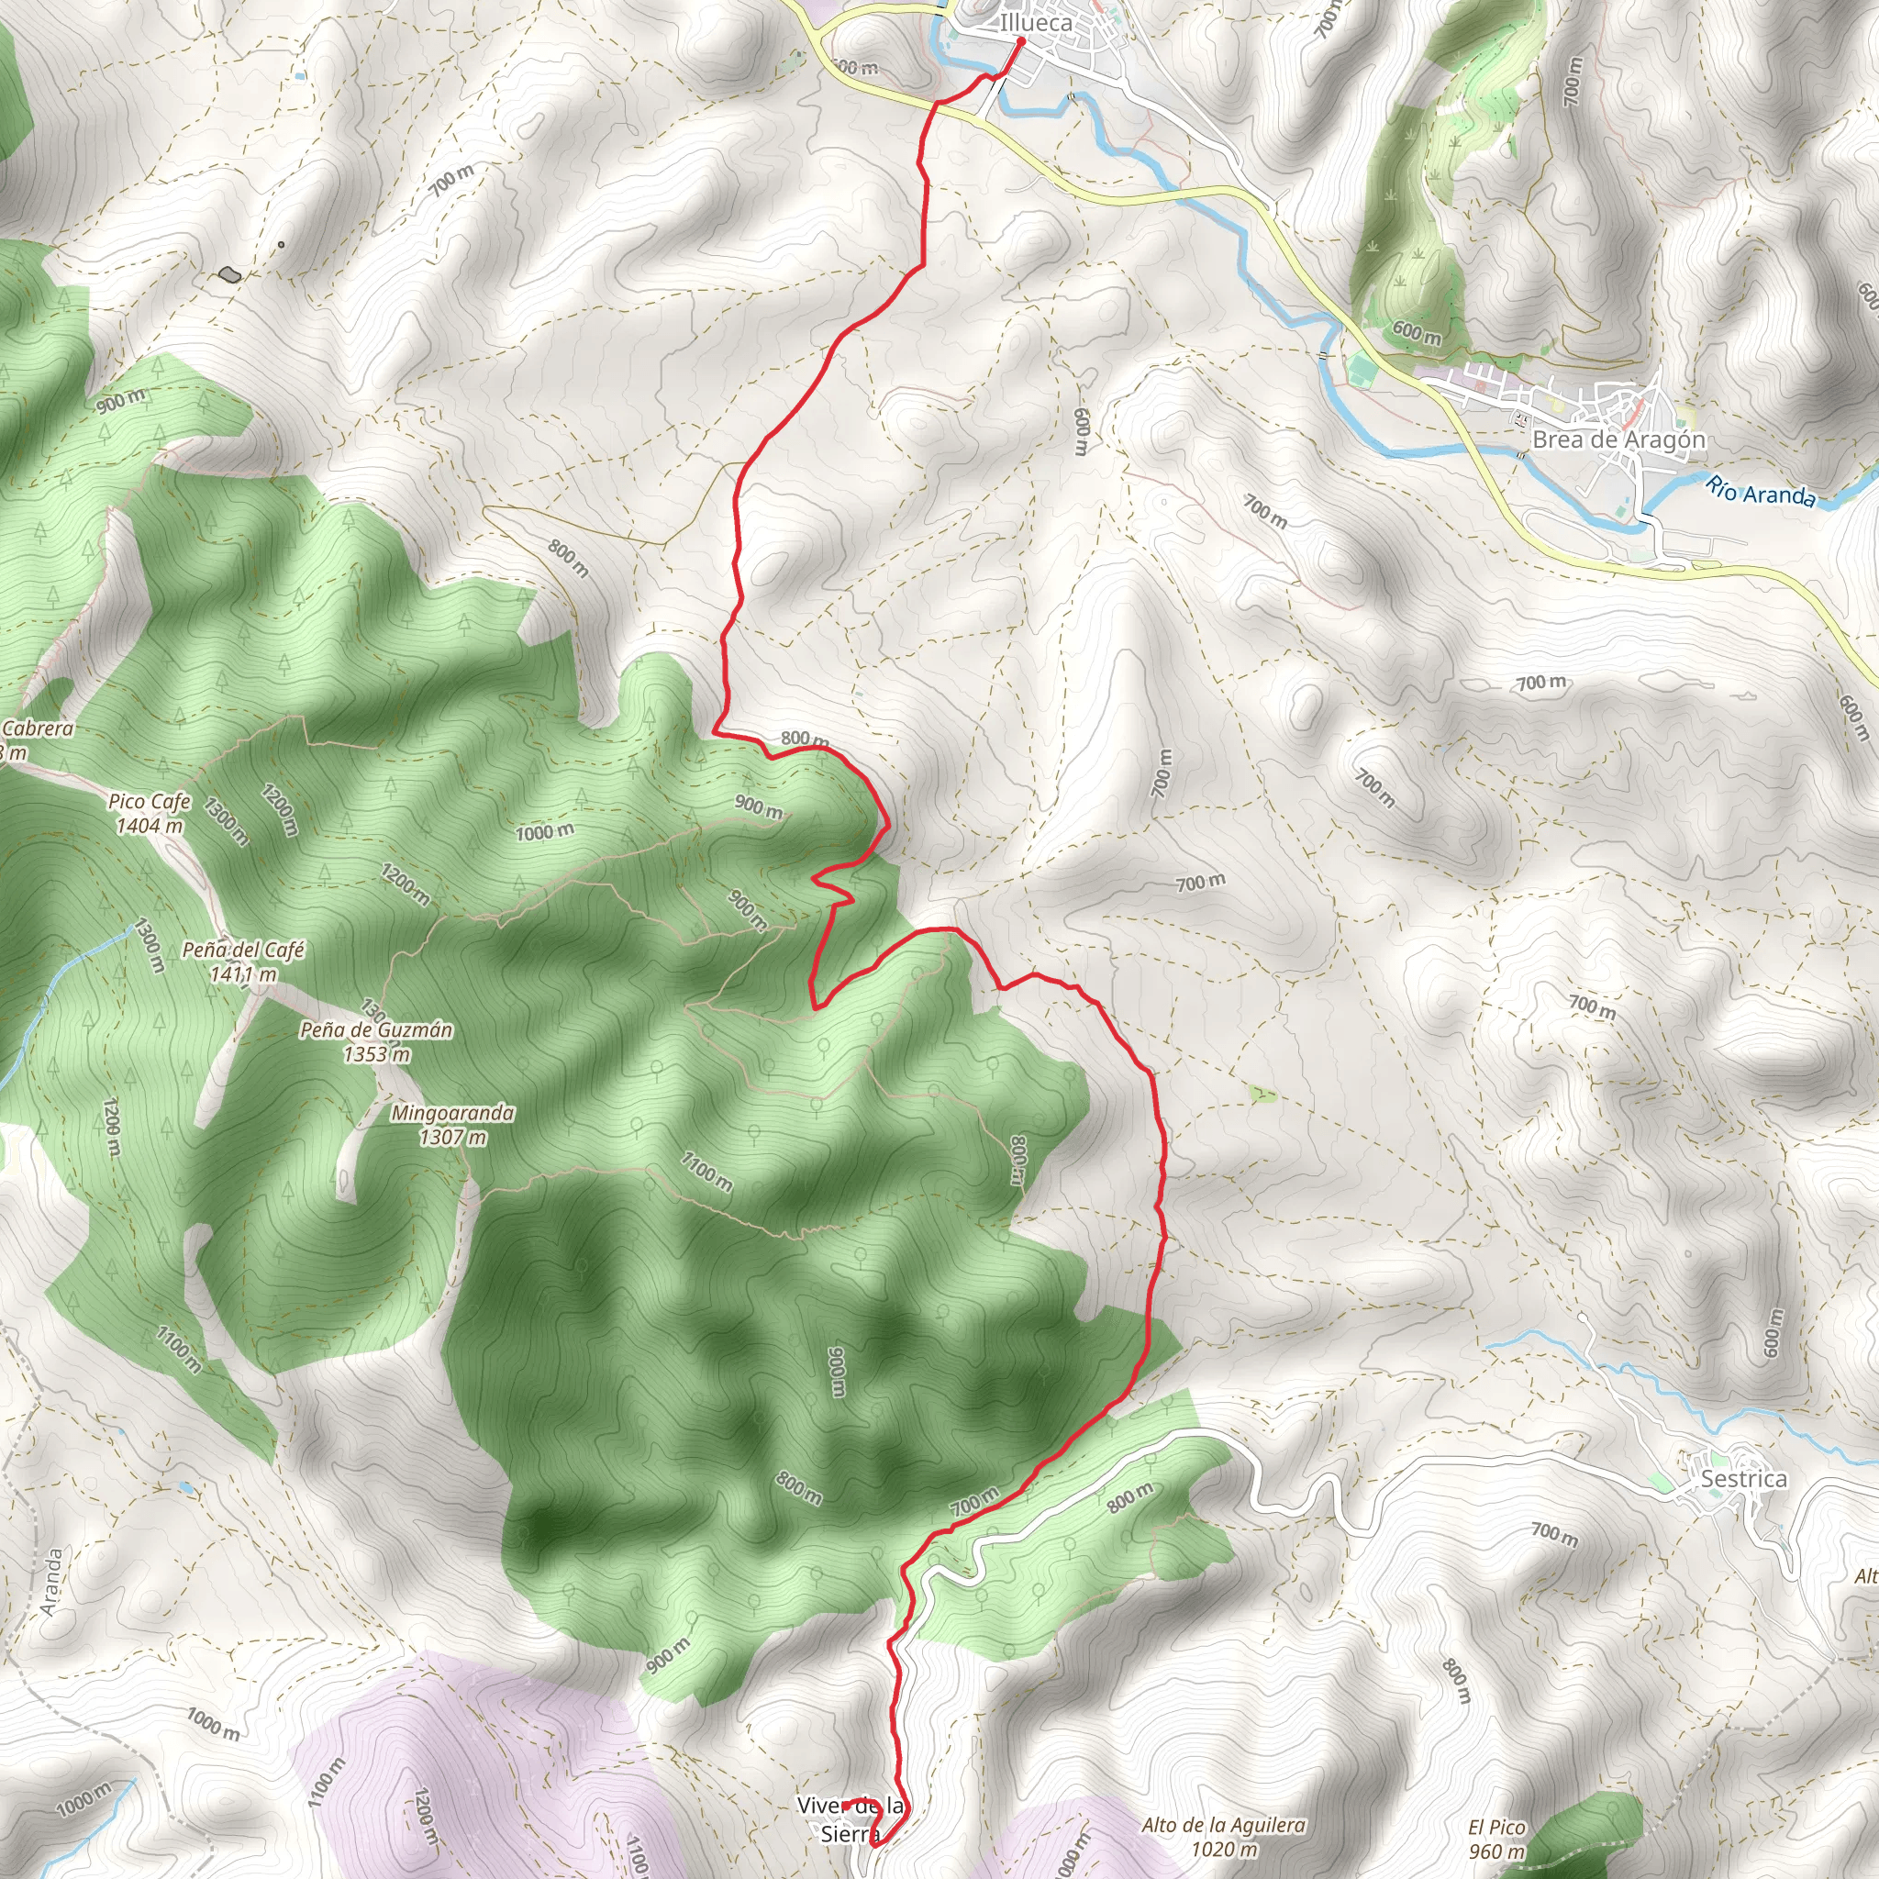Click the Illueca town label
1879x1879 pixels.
(x=1036, y=22)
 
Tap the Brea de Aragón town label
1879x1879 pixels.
(x=1618, y=439)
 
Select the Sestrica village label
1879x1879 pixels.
(x=1744, y=1479)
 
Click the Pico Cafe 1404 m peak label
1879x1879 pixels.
(x=149, y=813)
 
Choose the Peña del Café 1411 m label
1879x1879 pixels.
(x=243, y=961)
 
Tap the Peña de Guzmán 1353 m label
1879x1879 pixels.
(x=376, y=1040)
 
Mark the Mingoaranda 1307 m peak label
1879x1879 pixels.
(x=453, y=1124)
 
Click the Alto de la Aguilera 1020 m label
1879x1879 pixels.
(x=1224, y=1836)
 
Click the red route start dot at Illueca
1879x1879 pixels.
(x=1020, y=42)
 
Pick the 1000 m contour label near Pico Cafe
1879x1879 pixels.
(x=545, y=831)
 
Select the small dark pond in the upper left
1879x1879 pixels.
(x=229, y=274)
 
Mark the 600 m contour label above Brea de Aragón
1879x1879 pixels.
(x=1416, y=333)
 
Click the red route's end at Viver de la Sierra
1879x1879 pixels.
(x=844, y=1805)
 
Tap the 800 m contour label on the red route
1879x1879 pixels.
(x=805, y=739)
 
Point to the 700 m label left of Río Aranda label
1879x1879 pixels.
(x=1265, y=511)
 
